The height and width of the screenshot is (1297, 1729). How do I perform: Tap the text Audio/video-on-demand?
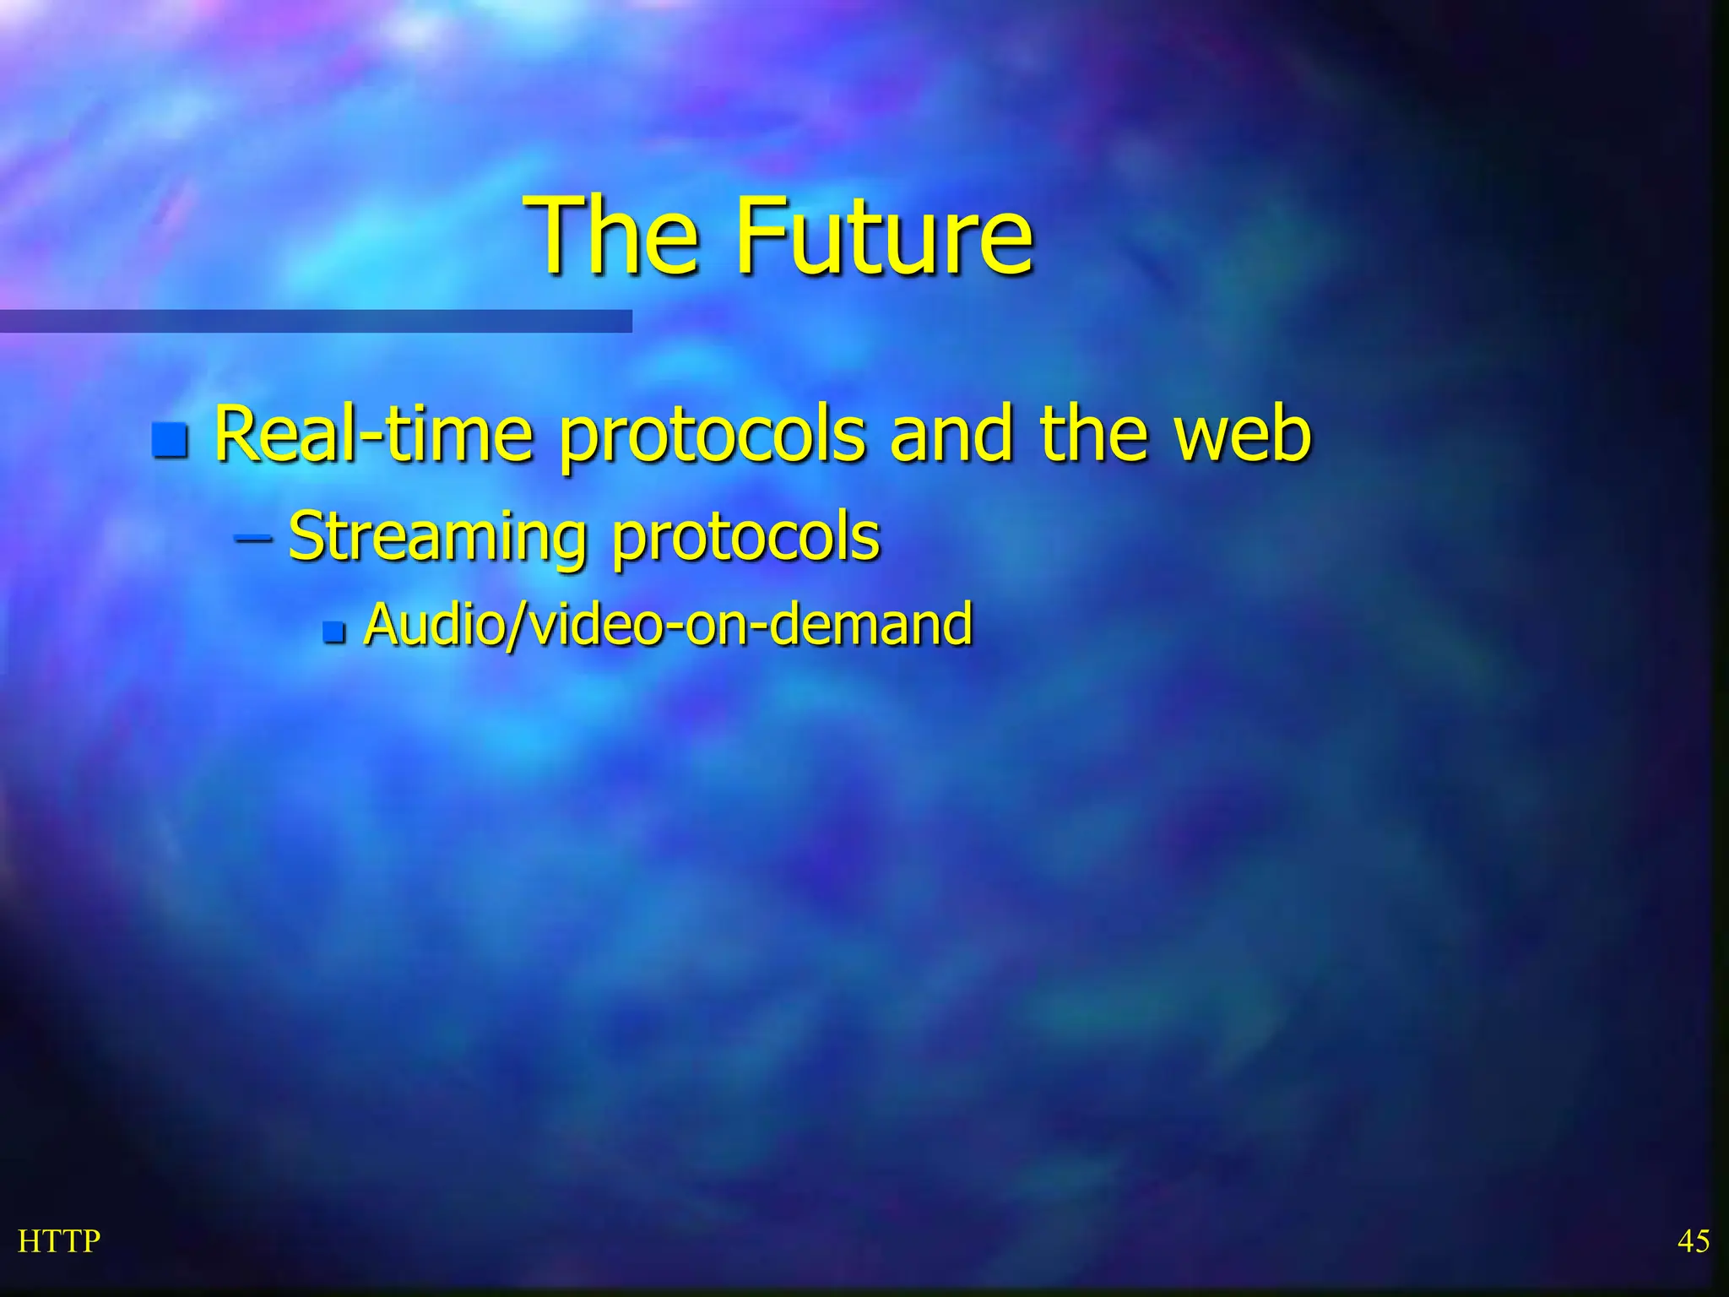(x=667, y=624)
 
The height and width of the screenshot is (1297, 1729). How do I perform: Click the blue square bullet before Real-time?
(x=171, y=439)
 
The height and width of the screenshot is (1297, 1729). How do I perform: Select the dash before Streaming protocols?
(x=253, y=536)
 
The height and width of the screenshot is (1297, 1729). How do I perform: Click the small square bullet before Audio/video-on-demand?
(x=334, y=631)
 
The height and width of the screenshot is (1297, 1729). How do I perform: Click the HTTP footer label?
(x=59, y=1241)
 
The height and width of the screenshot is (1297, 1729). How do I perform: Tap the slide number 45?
(x=1693, y=1241)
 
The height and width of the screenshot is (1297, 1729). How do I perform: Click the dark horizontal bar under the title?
(x=316, y=321)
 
